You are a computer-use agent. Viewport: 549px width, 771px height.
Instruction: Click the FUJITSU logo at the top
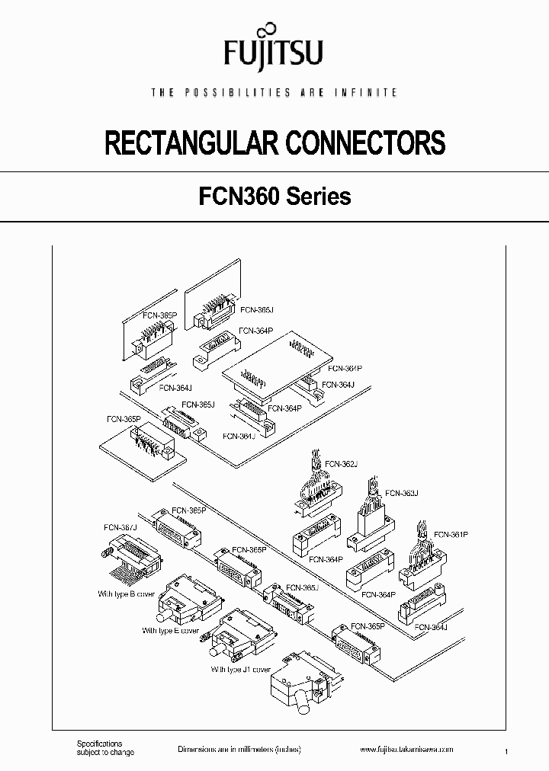click(274, 50)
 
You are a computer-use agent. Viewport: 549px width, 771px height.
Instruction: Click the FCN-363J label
click(402, 493)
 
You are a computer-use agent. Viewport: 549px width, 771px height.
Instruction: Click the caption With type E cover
click(171, 631)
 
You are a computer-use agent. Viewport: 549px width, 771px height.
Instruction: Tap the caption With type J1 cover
click(241, 670)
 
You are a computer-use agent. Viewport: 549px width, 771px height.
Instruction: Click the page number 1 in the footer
click(506, 752)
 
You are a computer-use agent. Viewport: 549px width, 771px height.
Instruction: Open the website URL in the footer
click(406, 750)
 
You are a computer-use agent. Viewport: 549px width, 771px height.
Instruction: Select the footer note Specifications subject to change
click(105, 748)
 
